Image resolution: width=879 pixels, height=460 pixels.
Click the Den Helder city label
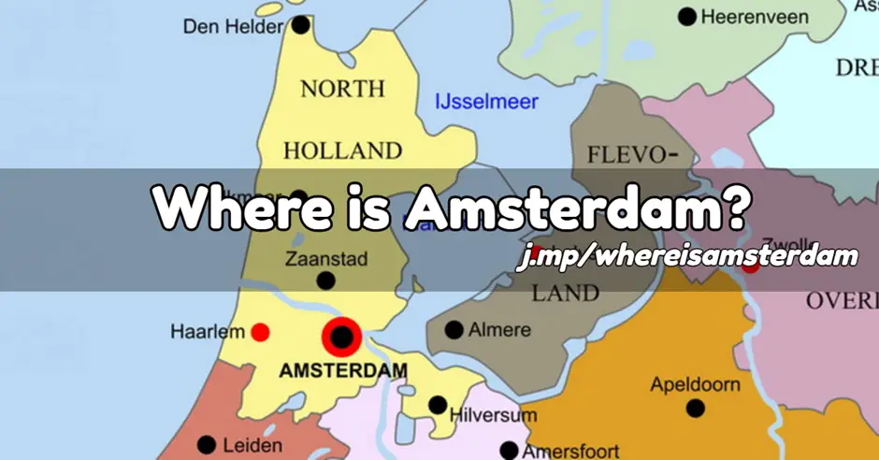tap(233, 26)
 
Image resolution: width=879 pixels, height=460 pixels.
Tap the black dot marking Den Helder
tap(300, 25)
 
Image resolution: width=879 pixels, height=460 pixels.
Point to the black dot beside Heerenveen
tap(688, 16)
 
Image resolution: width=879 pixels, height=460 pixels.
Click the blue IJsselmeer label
tap(486, 101)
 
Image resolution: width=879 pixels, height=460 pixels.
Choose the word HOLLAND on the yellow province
tap(342, 151)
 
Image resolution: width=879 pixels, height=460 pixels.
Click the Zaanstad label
tap(326, 259)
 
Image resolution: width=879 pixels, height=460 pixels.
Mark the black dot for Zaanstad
tap(325, 280)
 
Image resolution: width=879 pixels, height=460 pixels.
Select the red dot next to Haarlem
tap(261, 332)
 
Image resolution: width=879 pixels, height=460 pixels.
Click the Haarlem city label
tap(208, 332)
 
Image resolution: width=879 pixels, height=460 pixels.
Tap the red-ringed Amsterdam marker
tap(342, 337)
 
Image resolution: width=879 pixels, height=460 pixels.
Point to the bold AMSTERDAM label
tap(343, 370)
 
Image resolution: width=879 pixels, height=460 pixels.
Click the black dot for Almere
tap(454, 330)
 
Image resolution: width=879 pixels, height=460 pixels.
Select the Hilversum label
tap(493, 414)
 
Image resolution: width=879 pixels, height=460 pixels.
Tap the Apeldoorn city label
tap(695, 385)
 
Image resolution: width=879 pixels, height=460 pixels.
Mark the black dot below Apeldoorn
tap(695, 409)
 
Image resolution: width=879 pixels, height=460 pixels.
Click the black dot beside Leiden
tap(207, 445)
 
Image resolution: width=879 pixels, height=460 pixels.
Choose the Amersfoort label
tap(570, 451)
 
